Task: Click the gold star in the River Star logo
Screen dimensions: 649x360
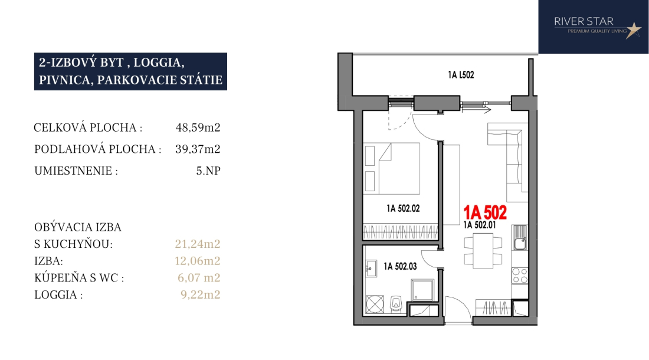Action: click(633, 30)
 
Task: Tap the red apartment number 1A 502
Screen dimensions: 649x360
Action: click(484, 212)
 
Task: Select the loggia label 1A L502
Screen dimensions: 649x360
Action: click(461, 75)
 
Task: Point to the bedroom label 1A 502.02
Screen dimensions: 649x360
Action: click(403, 208)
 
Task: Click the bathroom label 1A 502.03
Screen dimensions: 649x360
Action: click(400, 267)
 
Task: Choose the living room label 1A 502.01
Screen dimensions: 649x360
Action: click(480, 225)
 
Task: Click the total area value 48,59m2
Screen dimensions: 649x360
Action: click(198, 127)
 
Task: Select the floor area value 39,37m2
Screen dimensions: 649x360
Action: click(198, 149)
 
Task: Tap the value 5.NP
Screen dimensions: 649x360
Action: click(208, 171)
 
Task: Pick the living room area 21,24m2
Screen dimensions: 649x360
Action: click(198, 244)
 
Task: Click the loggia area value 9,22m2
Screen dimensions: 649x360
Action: click(201, 294)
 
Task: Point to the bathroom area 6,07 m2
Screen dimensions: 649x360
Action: click(199, 277)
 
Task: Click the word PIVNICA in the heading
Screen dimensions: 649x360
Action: click(64, 80)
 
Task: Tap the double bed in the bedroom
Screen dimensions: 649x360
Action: click(392, 168)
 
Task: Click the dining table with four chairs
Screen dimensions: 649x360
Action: click(483, 251)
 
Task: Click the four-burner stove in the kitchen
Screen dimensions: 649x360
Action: click(520, 276)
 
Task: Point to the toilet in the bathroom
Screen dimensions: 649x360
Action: click(396, 304)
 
